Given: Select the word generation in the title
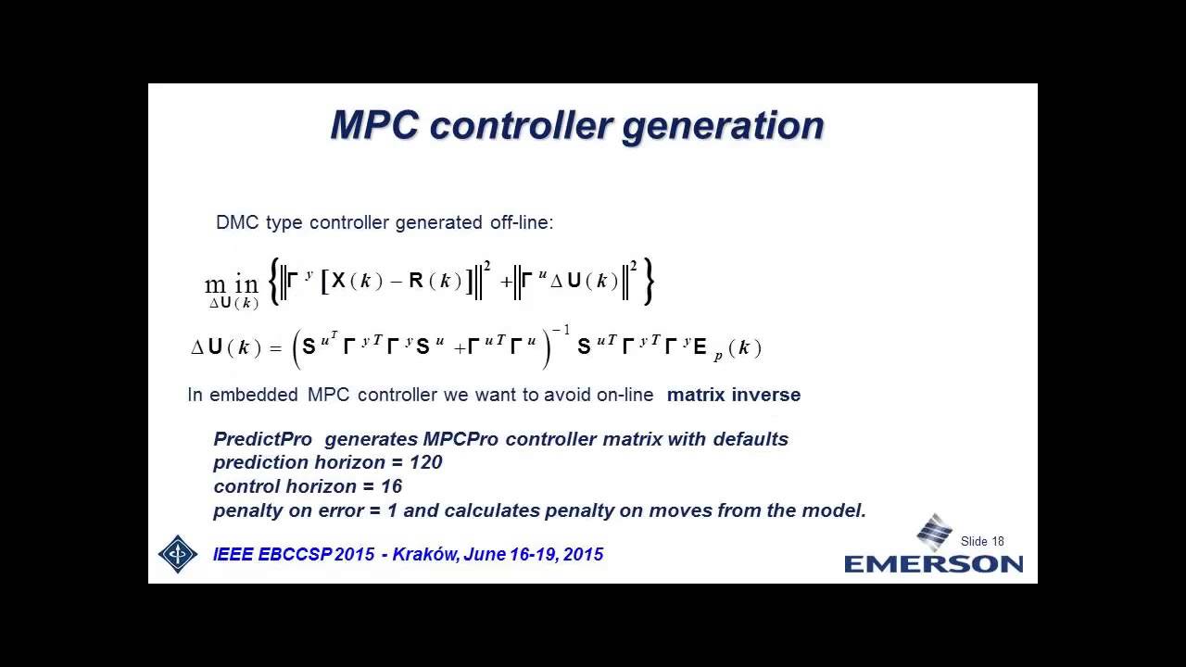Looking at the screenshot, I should click(x=723, y=126).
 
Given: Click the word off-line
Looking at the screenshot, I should click(x=520, y=223).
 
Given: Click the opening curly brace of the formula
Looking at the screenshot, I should click(x=273, y=282).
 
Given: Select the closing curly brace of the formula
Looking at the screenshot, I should click(x=649, y=282).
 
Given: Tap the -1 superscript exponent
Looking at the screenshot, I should click(x=561, y=331).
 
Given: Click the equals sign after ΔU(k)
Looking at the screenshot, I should click(x=275, y=348).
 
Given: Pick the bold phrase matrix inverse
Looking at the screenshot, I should click(x=734, y=395).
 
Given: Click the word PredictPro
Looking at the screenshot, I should click(x=263, y=439).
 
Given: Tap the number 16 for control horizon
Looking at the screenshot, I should click(x=391, y=486).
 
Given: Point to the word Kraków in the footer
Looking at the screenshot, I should click(x=425, y=555).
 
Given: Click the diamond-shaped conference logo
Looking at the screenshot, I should click(x=178, y=554).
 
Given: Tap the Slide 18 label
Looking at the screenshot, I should click(x=982, y=541).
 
